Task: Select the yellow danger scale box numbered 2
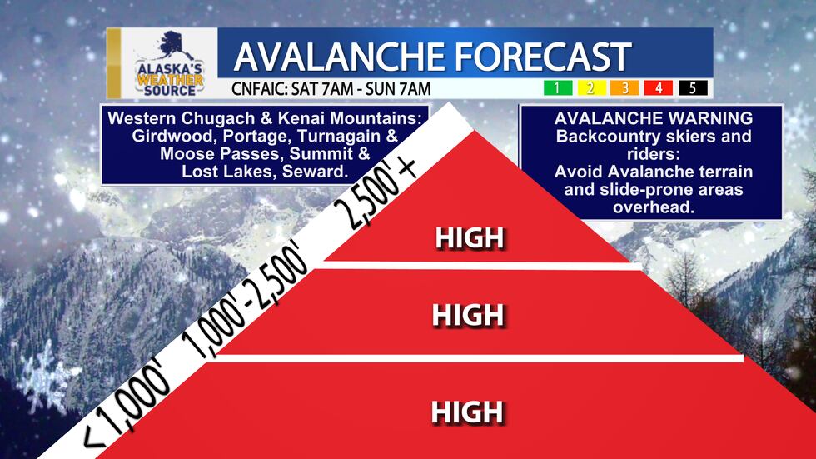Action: tap(588, 87)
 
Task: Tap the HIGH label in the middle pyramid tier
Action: tap(469, 315)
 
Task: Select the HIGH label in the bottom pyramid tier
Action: tap(467, 412)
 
